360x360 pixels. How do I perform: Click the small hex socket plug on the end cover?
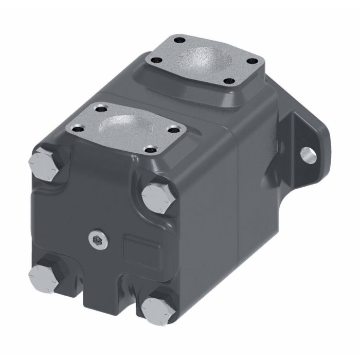click(97, 237)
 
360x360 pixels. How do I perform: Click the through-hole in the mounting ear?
click(307, 153)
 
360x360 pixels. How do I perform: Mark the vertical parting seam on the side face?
click(237, 206)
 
